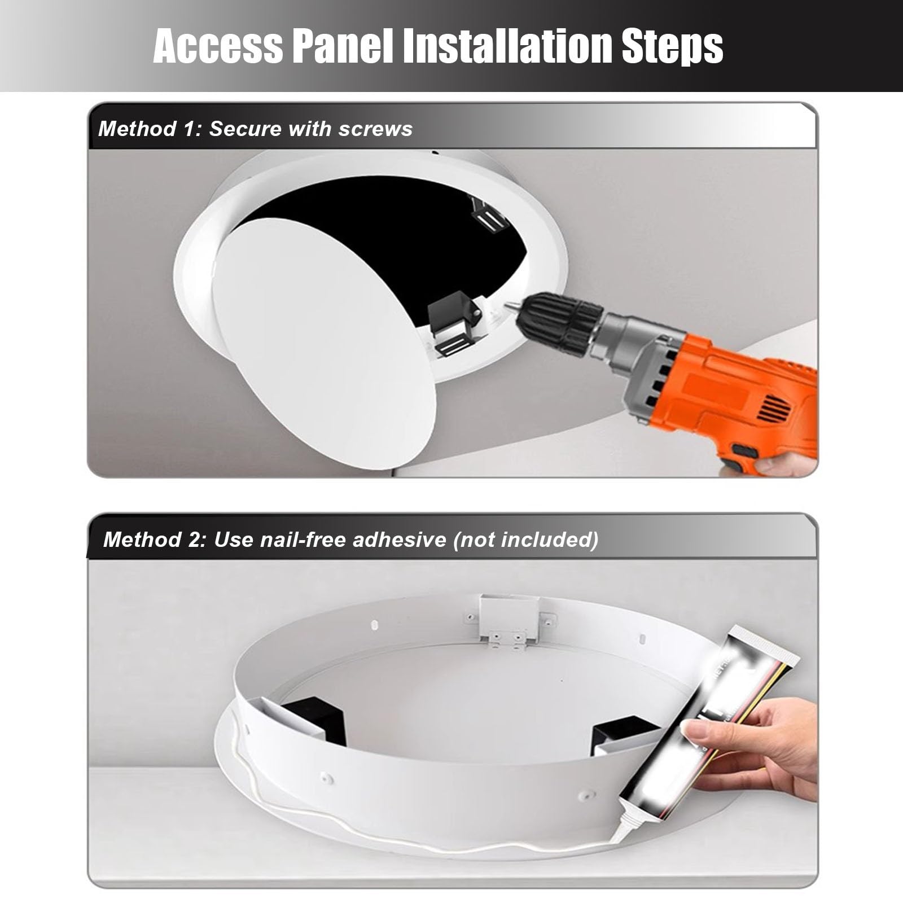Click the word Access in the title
pos(218,46)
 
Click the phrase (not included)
pos(525,540)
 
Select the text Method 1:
pos(150,129)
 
